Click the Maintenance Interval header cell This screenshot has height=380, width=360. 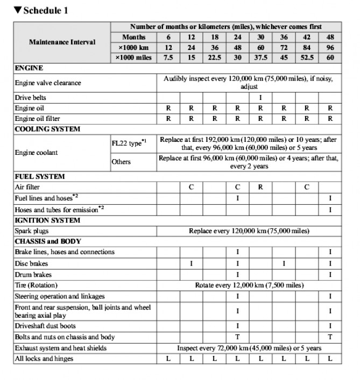pos(62,42)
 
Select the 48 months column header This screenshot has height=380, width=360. pos(330,37)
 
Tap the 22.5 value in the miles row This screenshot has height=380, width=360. pos(214,58)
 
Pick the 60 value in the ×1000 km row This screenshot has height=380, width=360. pos(260,47)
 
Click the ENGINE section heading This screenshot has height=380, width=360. pos(29,68)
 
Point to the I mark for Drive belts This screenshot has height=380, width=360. pos(260,98)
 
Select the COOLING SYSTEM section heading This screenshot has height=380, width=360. pos(47,129)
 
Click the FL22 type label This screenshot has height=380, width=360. pos(127,143)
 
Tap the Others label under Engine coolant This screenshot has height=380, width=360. pos(121,162)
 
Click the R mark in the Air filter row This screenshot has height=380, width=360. pos(260,187)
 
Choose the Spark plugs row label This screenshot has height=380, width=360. pos(32,231)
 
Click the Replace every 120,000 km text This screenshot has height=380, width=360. pos(249,231)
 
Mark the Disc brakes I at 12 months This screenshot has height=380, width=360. pos(191,263)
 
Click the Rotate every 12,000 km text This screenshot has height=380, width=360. pos(249,285)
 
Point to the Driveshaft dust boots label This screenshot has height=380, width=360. pos(45,326)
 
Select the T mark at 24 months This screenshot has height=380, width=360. pos(237,337)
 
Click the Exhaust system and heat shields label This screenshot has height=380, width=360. pos(60,348)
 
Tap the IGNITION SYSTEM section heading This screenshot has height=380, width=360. pos(47,220)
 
